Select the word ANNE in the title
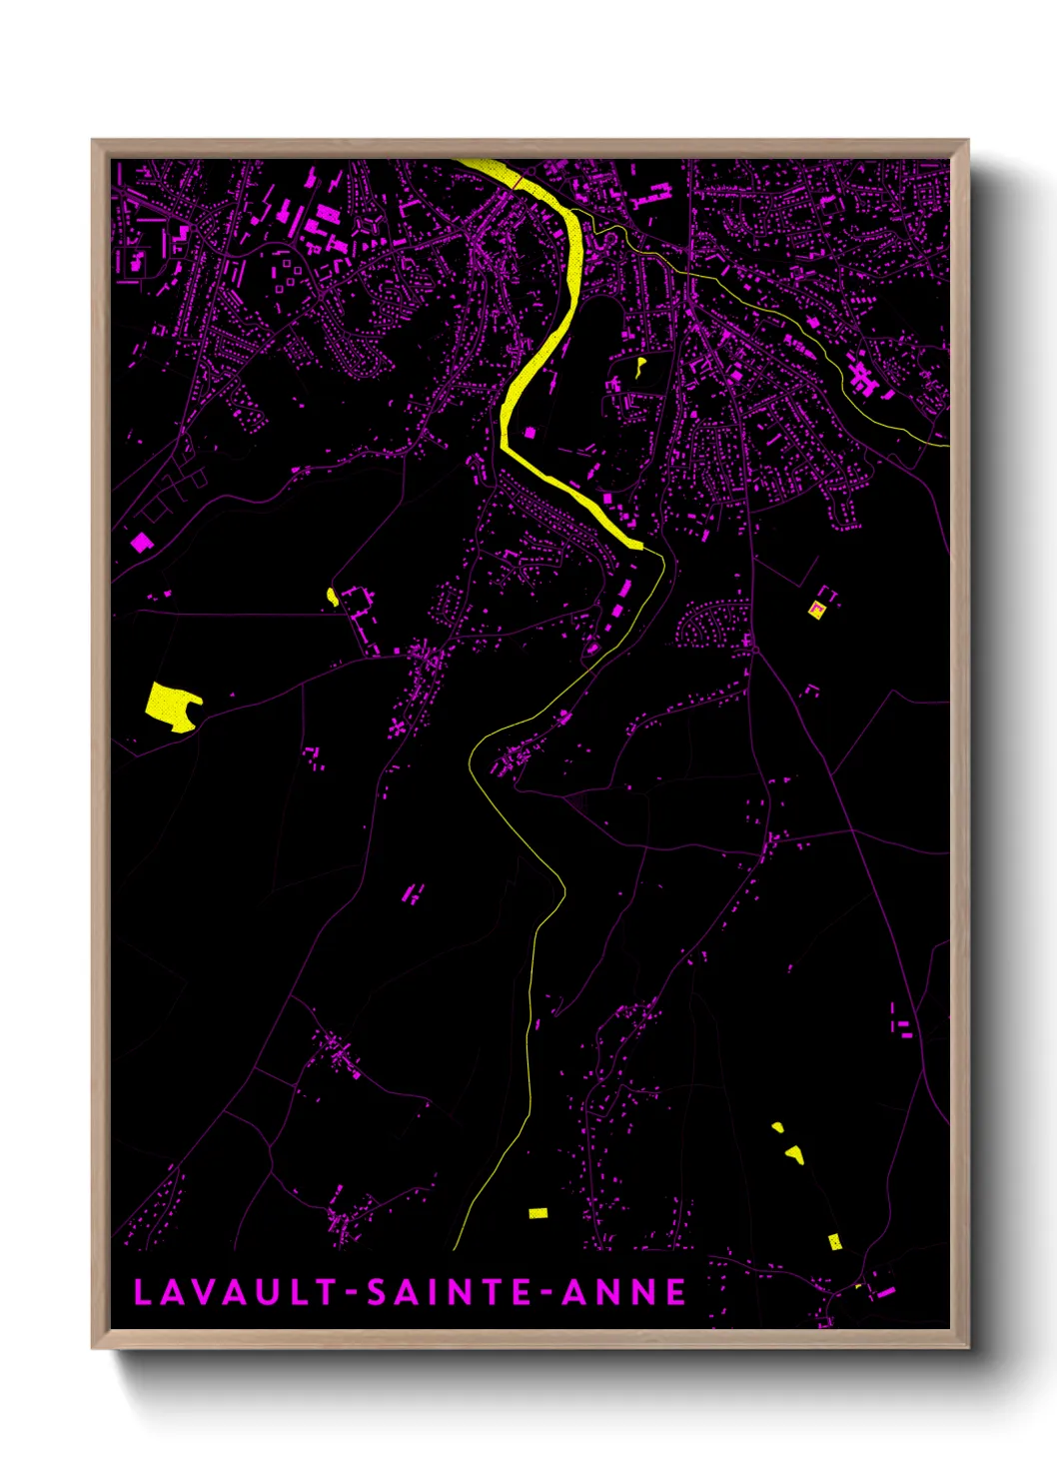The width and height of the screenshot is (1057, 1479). coord(623,1292)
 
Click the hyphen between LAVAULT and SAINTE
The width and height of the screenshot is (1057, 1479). coord(352,1293)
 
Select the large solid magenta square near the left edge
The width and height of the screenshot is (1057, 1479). coord(142,542)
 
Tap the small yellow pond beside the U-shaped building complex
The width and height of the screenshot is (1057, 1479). coord(332,597)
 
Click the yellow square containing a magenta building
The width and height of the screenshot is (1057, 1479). coord(816,608)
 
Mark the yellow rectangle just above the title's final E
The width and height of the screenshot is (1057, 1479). coord(537,1213)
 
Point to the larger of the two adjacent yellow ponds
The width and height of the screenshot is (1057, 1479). coord(795,1155)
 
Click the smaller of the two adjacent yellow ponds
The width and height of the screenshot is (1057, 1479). coord(777,1127)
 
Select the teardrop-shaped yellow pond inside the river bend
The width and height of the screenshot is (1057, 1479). coord(639,364)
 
